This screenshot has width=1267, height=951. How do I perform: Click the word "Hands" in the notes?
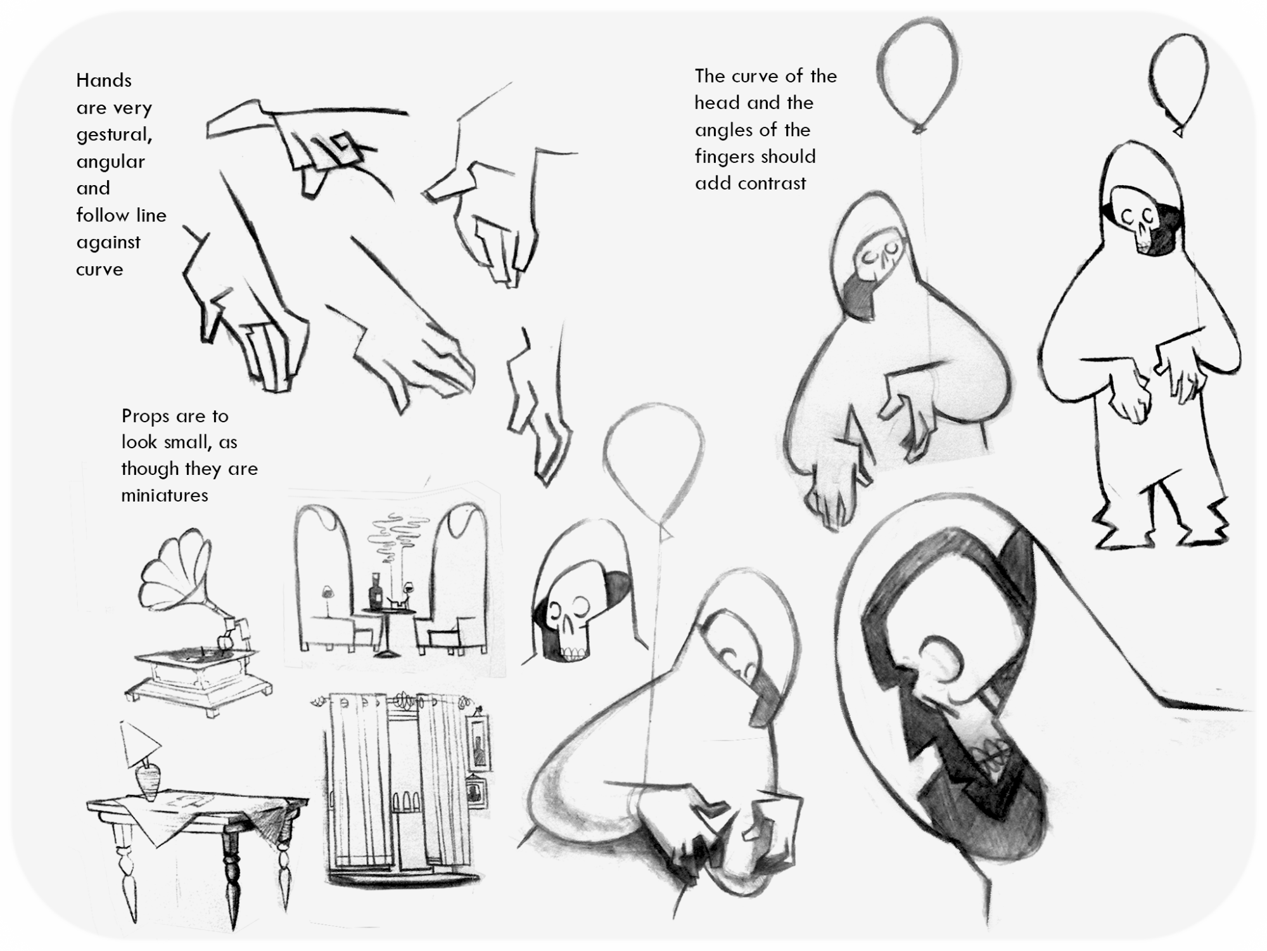[x=104, y=81]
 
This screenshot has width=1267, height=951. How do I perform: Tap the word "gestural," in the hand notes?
[x=114, y=135]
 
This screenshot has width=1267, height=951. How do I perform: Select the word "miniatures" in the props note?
[x=165, y=495]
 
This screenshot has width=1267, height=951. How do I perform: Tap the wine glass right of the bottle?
[x=409, y=590]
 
